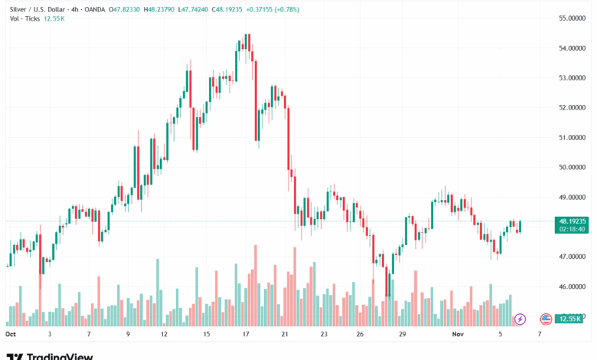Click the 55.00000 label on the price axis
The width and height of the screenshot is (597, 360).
point(573,18)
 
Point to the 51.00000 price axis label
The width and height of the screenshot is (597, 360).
point(573,137)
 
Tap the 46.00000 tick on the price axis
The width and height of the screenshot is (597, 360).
point(573,287)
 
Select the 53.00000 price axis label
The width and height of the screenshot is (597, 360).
point(573,77)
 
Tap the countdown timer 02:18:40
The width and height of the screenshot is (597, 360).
point(573,227)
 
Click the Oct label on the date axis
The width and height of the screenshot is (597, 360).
point(11,335)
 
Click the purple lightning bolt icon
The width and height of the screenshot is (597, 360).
point(520,319)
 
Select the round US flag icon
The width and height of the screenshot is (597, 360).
point(546,319)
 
